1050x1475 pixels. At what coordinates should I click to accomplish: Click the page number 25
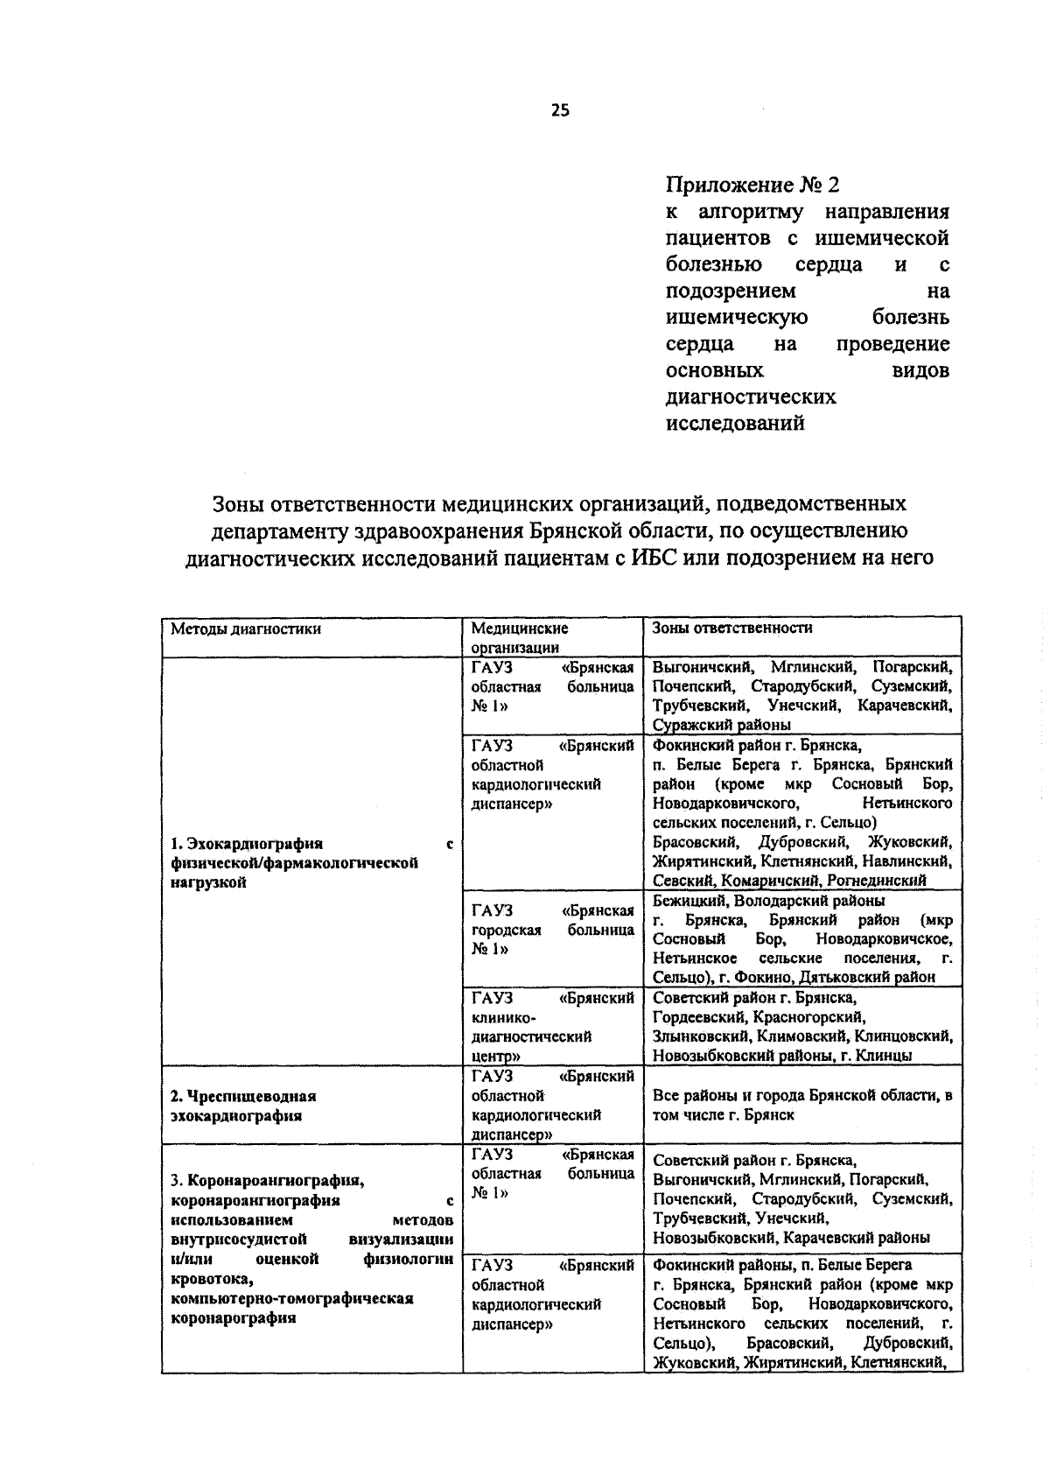[560, 109]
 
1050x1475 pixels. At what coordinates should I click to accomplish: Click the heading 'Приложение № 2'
[752, 186]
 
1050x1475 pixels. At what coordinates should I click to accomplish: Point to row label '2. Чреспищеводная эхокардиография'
[243, 1106]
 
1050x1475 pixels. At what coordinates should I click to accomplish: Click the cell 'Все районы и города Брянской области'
[801, 1105]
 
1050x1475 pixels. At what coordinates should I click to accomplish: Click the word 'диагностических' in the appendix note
[751, 397]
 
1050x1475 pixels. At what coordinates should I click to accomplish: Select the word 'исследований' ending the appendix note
[734, 425]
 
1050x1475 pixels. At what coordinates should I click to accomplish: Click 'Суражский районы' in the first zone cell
[722, 725]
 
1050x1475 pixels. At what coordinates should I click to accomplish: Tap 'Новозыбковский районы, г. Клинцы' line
[782, 1056]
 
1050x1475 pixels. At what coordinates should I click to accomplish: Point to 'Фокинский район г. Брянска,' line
[757, 746]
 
